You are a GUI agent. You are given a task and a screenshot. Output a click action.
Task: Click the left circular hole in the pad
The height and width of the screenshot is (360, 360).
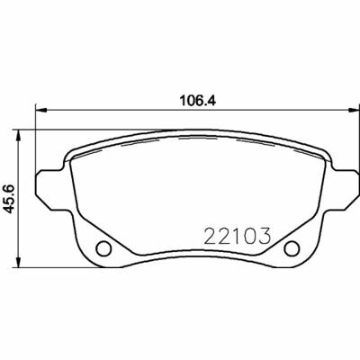tap(103, 249)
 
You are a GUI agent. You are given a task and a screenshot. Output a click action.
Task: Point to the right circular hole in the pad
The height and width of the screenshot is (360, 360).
tap(291, 249)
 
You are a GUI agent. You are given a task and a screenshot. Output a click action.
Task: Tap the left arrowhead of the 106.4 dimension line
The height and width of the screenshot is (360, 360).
tap(39, 111)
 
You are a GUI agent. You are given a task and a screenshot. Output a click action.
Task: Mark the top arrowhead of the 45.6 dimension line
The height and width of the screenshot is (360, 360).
tap(22, 133)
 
